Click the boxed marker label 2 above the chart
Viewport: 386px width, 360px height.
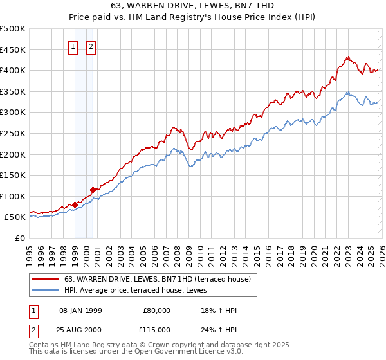coord(91,46)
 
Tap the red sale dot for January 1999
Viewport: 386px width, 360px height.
coord(75,204)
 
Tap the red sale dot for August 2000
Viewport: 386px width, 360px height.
coord(93,190)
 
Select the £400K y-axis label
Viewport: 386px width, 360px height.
coord(13,71)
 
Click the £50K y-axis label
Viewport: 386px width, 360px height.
coord(15,217)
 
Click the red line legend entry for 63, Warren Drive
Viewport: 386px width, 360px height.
coord(161,278)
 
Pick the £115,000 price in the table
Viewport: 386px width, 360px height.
coord(156,329)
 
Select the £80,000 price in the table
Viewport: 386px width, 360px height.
coord(156,310)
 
